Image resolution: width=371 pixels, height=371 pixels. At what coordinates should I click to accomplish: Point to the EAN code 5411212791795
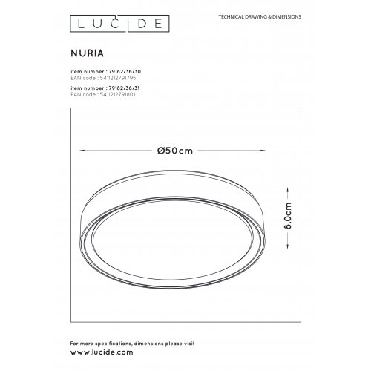tap(104, 76)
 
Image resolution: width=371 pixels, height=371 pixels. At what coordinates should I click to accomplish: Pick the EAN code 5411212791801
tap(104, 95)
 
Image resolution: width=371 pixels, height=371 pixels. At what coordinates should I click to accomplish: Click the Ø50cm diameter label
tap(176, 150)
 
